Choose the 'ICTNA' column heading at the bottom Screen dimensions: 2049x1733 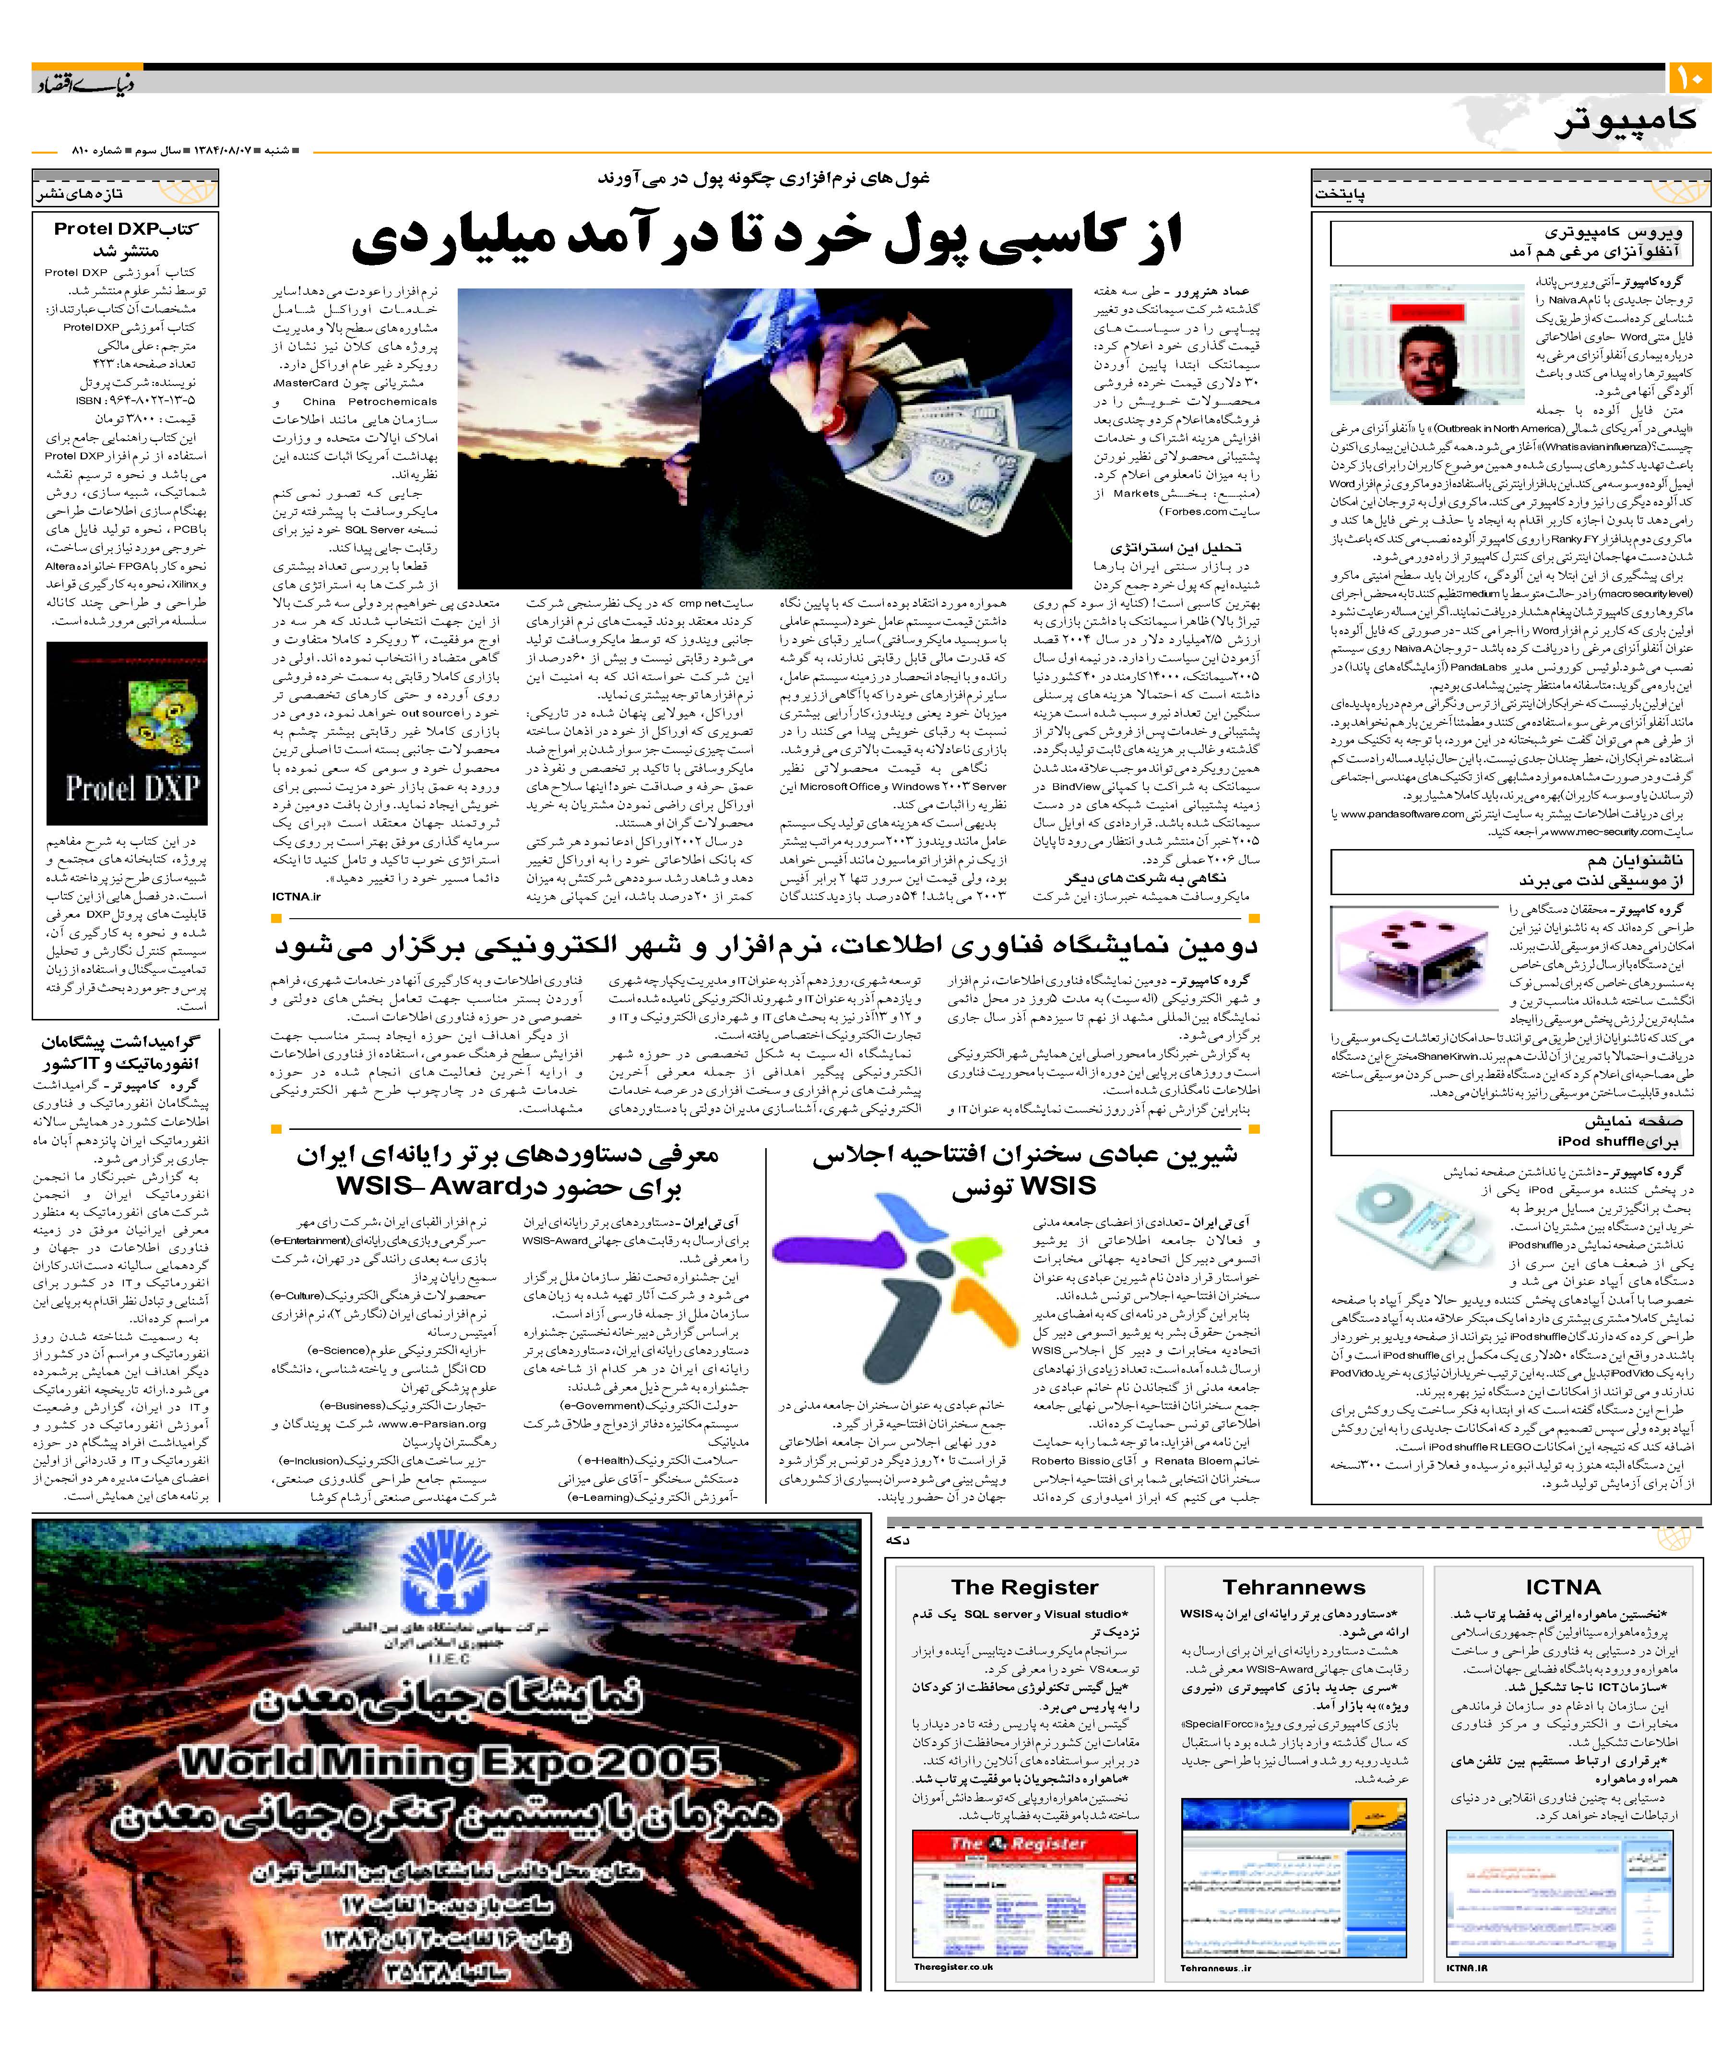1562,1587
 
